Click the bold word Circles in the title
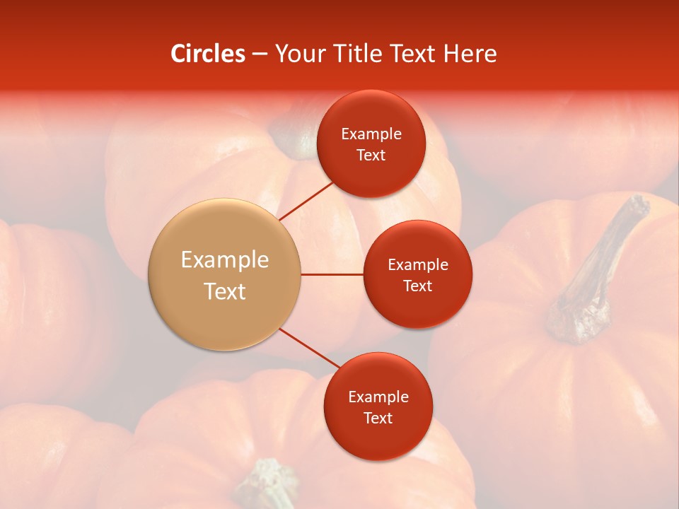click(x=208, y=54)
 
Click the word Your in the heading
click(x=298, y=54)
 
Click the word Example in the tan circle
click(x=225, y=260)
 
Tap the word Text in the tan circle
click(x=225, y=291)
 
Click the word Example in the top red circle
click(x=371, y=134)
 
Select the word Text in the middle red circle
click(x=418, y=286)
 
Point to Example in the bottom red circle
click(x=378, y=397)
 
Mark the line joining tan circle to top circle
click(x=306, y=201)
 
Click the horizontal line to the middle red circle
click(x=332, y=274)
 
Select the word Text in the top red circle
click(x=371, y=156)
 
